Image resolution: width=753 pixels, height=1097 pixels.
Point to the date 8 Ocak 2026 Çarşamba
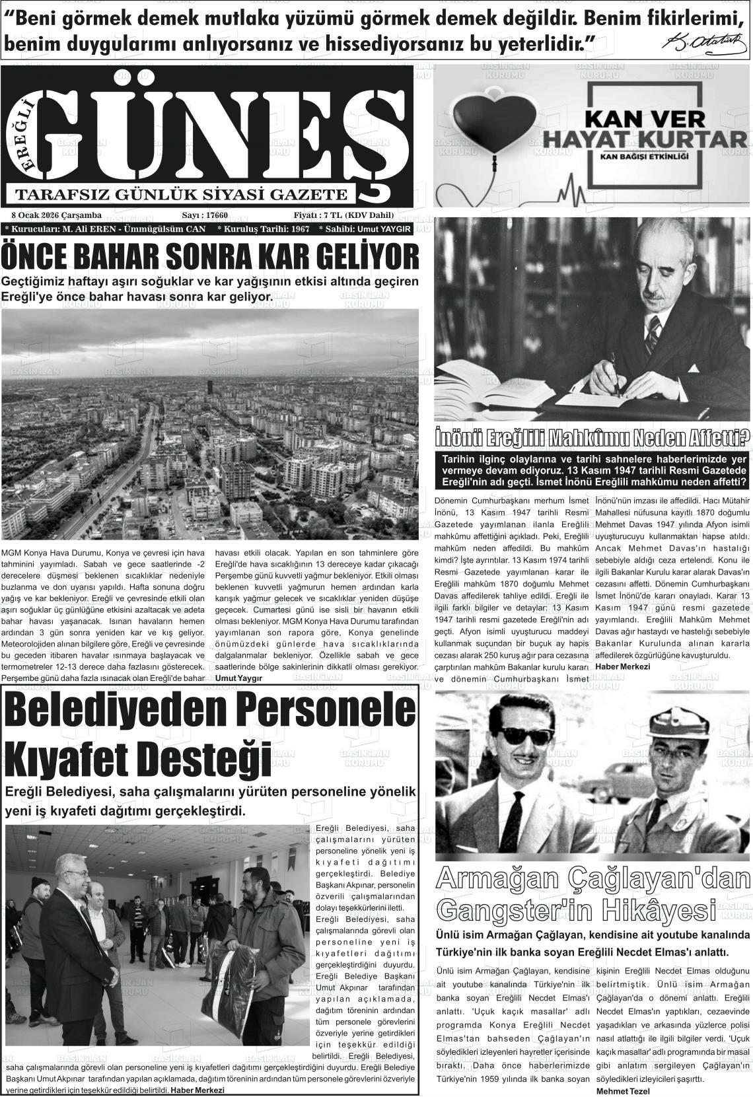(57, 215)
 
